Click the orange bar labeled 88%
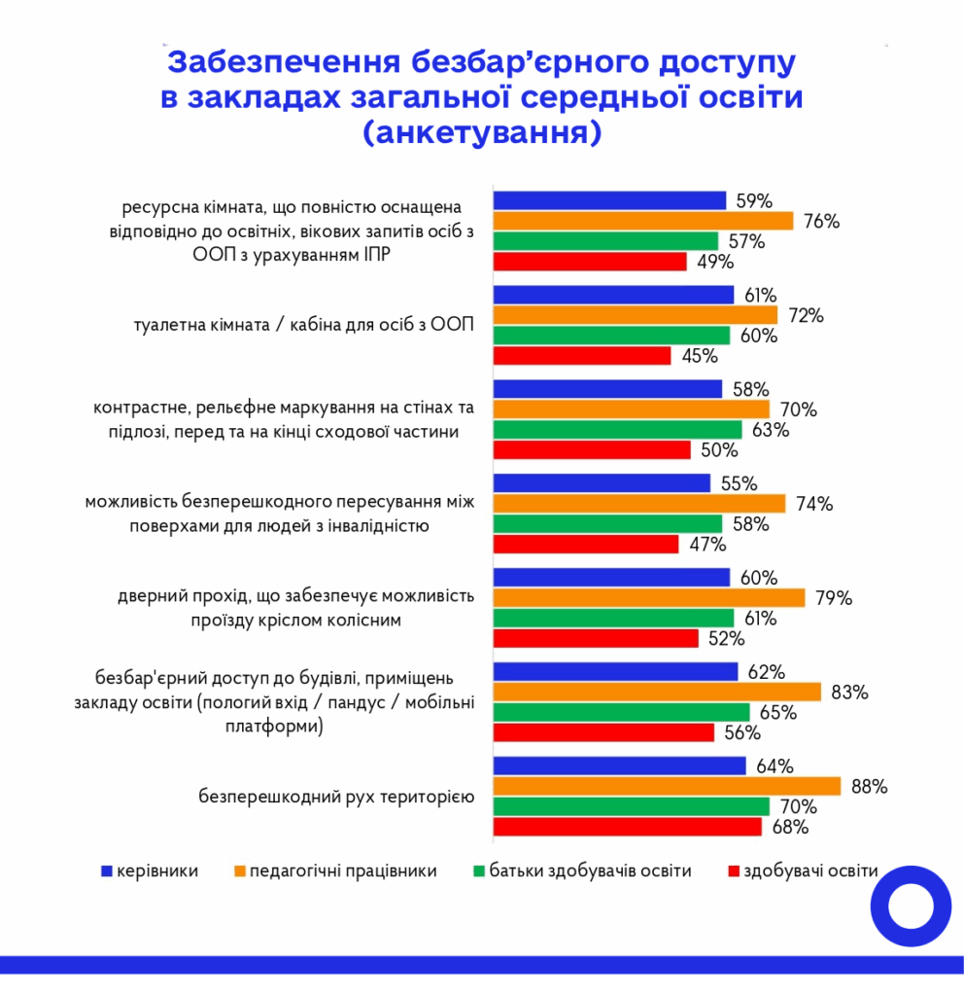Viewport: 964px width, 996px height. coord(667,786)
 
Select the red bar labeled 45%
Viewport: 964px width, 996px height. coord(582,356)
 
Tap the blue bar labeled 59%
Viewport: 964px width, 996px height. coord(610,200)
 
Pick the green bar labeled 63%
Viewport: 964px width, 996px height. coord(618,430)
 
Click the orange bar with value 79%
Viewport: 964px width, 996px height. coord(649,597)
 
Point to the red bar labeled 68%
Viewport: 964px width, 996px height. coord(628,828)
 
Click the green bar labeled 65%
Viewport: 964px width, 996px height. coord(622,712)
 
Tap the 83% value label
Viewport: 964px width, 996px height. coord(848,692)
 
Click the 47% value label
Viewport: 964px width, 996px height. coord(706,545)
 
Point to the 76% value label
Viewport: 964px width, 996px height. coord(821,221)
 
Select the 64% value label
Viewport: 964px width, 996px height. coord(774,765)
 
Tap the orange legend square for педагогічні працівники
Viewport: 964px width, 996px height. coord(239,871)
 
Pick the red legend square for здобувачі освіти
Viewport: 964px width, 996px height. coord(733,871)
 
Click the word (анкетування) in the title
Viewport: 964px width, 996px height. coord(481,132)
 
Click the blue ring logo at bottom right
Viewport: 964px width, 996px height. coord(910,906)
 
